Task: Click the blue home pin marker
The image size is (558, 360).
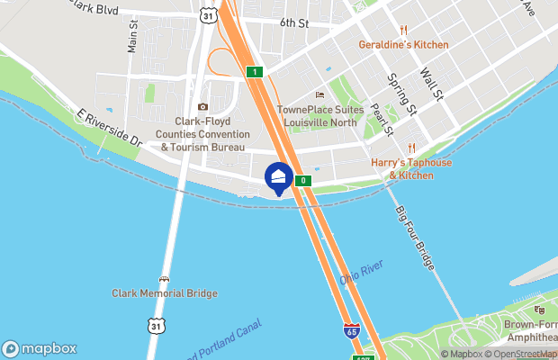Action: tap(278, 176)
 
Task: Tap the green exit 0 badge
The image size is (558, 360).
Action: tap(303, 181)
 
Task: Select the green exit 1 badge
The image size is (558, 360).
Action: tap(256, 71)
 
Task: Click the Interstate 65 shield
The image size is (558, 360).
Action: tap(351, 331)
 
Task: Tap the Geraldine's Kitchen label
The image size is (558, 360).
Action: tap(403, 44)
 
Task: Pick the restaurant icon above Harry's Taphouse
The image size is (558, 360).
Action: tap(411, 148)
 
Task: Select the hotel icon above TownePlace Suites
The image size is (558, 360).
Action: tap(318, 95)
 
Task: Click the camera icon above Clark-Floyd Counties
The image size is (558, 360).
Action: tap(202, 107)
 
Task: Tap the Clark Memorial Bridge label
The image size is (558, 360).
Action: tap(164, 292)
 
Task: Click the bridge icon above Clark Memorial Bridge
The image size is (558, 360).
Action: tap(164, 279)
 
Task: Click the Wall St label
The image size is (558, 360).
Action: tap(430, 83)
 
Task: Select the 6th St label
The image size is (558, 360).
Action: tap(293, 22)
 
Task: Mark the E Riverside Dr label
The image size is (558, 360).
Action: tap(110, 130)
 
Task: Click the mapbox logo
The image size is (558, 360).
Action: tap(40, 348)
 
